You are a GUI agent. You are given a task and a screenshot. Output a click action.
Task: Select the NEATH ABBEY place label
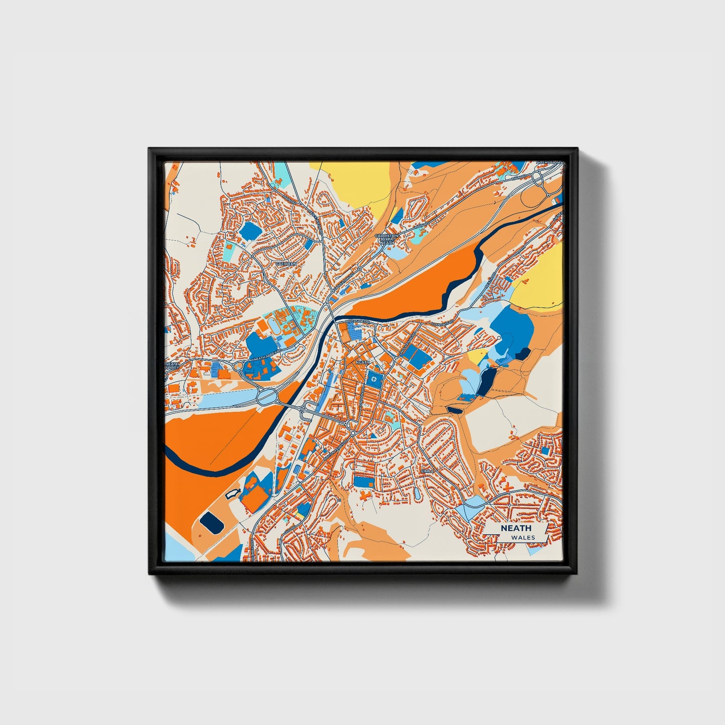coord(172,366)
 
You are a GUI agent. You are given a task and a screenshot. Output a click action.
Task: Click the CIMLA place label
coord(426,471)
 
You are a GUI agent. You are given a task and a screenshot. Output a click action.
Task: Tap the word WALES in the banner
coord(523,537)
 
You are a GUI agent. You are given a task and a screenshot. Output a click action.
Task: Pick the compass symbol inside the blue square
coord(374,379)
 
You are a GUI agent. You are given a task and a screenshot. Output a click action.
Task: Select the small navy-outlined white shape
coord(232,494)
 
